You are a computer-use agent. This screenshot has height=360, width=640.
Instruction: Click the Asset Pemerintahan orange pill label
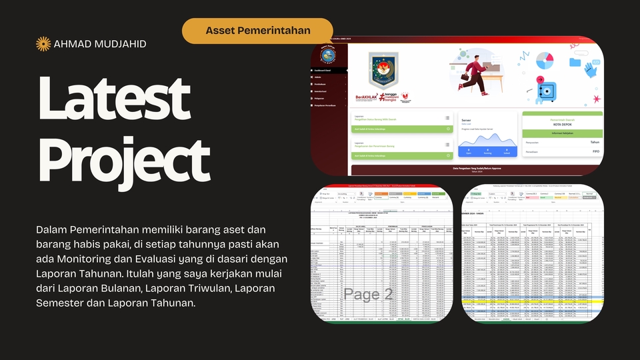(x=257, y=31)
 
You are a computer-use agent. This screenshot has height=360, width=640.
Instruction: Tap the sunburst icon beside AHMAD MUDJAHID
(x=43, y=44)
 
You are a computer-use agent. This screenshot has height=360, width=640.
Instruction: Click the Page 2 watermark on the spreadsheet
(x=369, y=294)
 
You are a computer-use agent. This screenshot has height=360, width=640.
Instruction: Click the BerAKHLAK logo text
(x=367, y=96)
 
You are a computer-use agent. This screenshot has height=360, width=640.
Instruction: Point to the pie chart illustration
(x=545, y=61)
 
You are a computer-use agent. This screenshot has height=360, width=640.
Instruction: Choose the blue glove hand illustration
(x=590, y=69)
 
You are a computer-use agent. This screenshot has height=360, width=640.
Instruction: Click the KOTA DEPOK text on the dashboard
(x=562, y=125)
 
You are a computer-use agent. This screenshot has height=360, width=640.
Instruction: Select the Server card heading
(x=466, y=120)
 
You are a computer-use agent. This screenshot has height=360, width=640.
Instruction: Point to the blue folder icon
(x=575, y=62)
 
